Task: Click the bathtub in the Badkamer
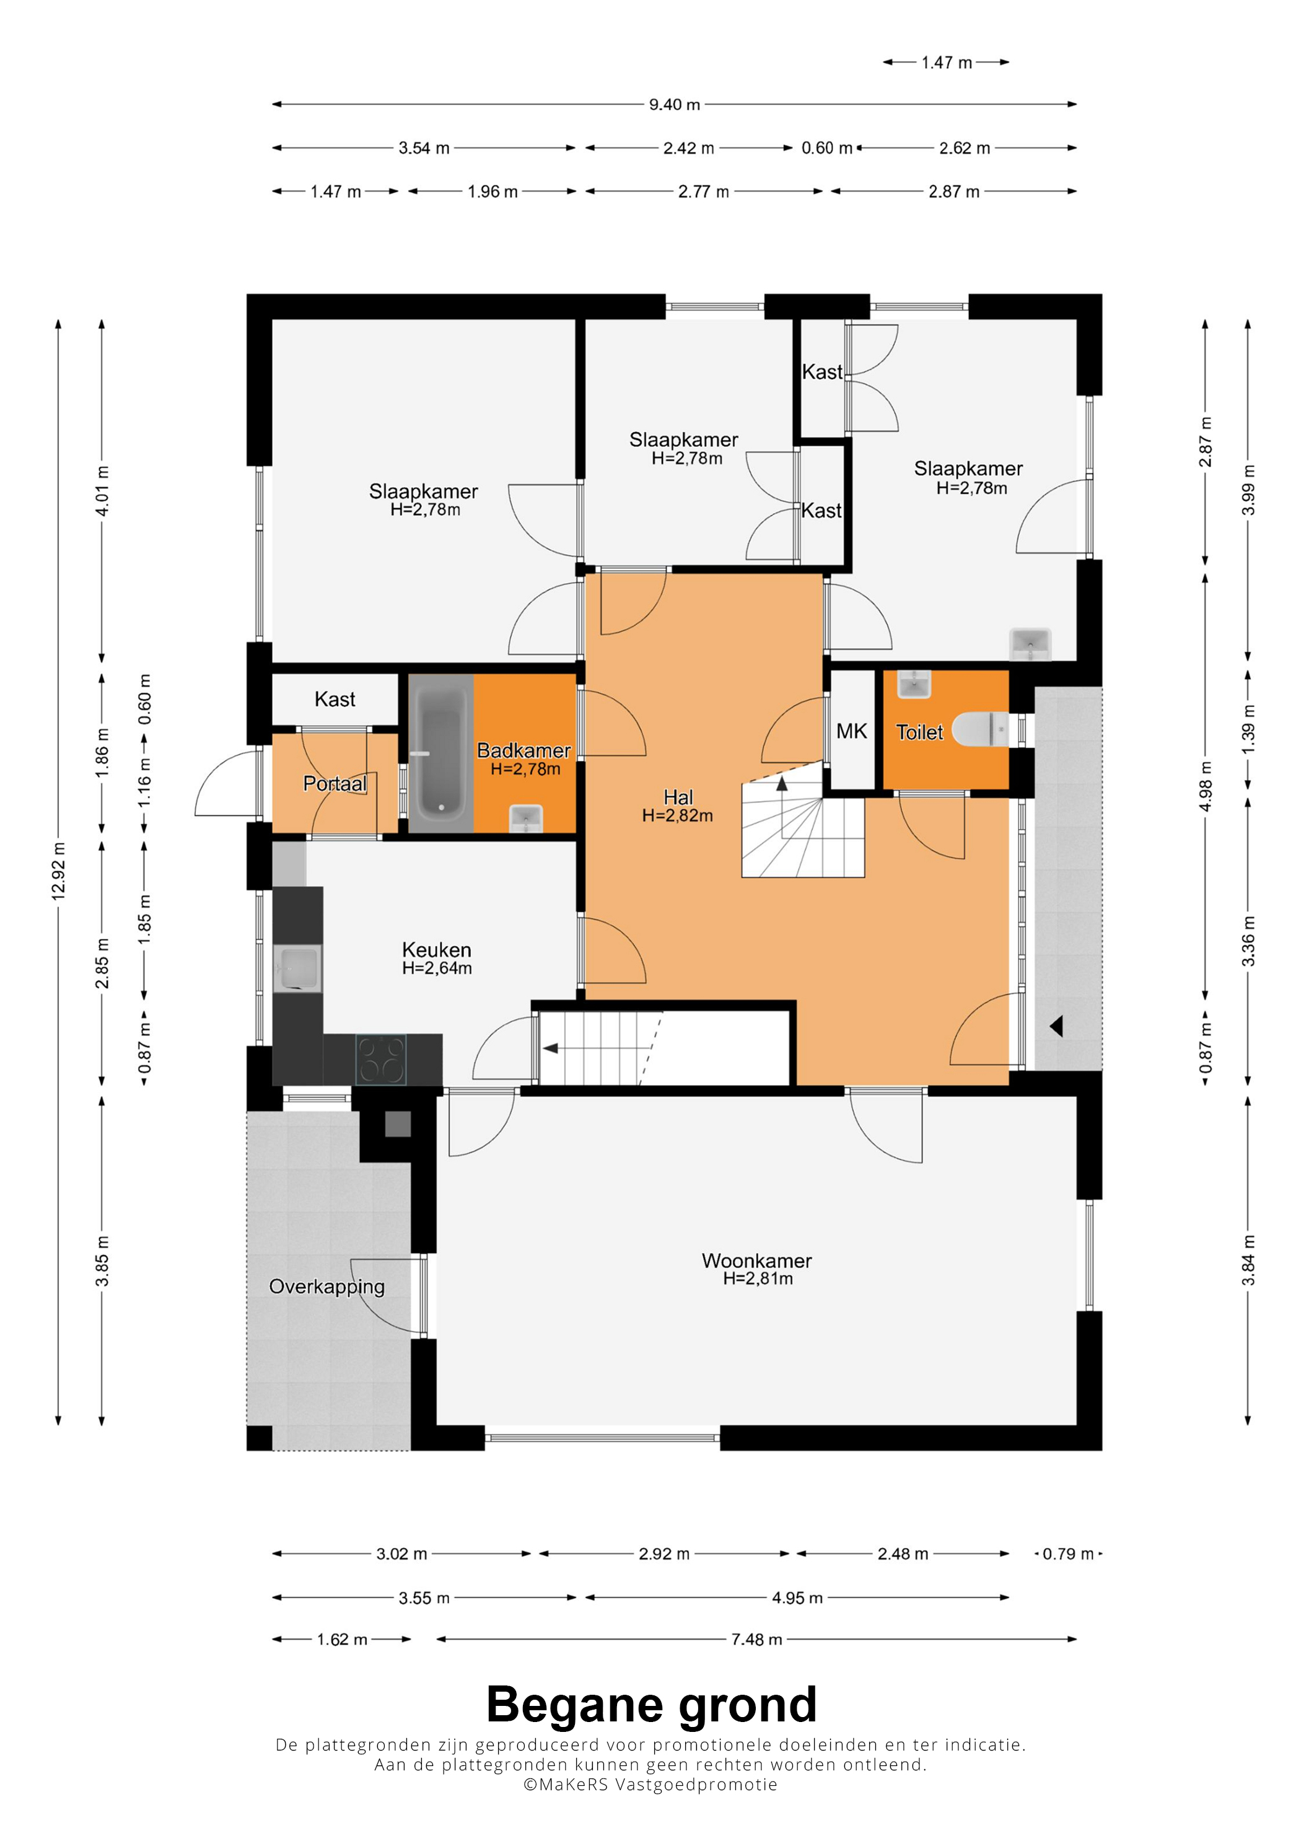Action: click(441, 753)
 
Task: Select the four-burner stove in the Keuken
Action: click(381, 1059)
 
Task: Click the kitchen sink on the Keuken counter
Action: click(297, 968)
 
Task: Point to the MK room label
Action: click(851, 731)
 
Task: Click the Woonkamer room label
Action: click(756, 1260)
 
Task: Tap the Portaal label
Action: click(335, 783)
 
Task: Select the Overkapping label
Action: click(327, 1287)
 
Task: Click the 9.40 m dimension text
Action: click(675, 104)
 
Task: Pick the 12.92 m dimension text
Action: click(58, 872)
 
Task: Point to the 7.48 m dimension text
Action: click(756, 1640)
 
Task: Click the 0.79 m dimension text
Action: click(1069, 1554)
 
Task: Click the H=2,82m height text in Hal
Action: click(677, 815)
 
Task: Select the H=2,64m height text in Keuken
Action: click(437, 968)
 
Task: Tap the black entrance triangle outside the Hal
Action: click(1056, 1026)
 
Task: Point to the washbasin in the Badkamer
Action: click(526, 819)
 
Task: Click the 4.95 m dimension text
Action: click(797, 1598)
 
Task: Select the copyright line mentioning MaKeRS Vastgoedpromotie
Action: click(650, 1785)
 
